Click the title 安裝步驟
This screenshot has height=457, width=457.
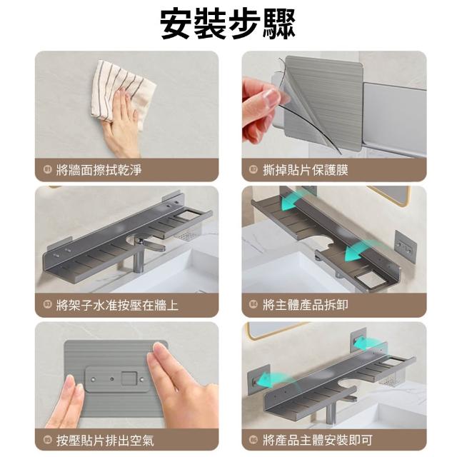click(x=228, y=24)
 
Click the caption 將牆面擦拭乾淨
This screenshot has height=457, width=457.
click(x=99, y=170)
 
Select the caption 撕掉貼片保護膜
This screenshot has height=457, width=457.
click(x=306, y=170)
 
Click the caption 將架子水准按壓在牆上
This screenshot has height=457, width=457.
click(x=117, y=305)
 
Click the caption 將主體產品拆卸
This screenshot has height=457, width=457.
click(x=306, y=305)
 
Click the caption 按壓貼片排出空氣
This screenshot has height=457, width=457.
click(x=105, y=441)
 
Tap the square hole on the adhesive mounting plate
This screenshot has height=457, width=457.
click(x=129, y=378)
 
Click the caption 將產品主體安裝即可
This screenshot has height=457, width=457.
click(x=318, y=441)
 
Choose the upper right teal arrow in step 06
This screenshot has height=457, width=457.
click(x=367, y=342)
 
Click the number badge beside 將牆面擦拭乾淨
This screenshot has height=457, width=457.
click(x=48, y=169)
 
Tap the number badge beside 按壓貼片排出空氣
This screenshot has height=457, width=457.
click(x=48, y=440)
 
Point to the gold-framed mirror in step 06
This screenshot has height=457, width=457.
click(x=277, y=330)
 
